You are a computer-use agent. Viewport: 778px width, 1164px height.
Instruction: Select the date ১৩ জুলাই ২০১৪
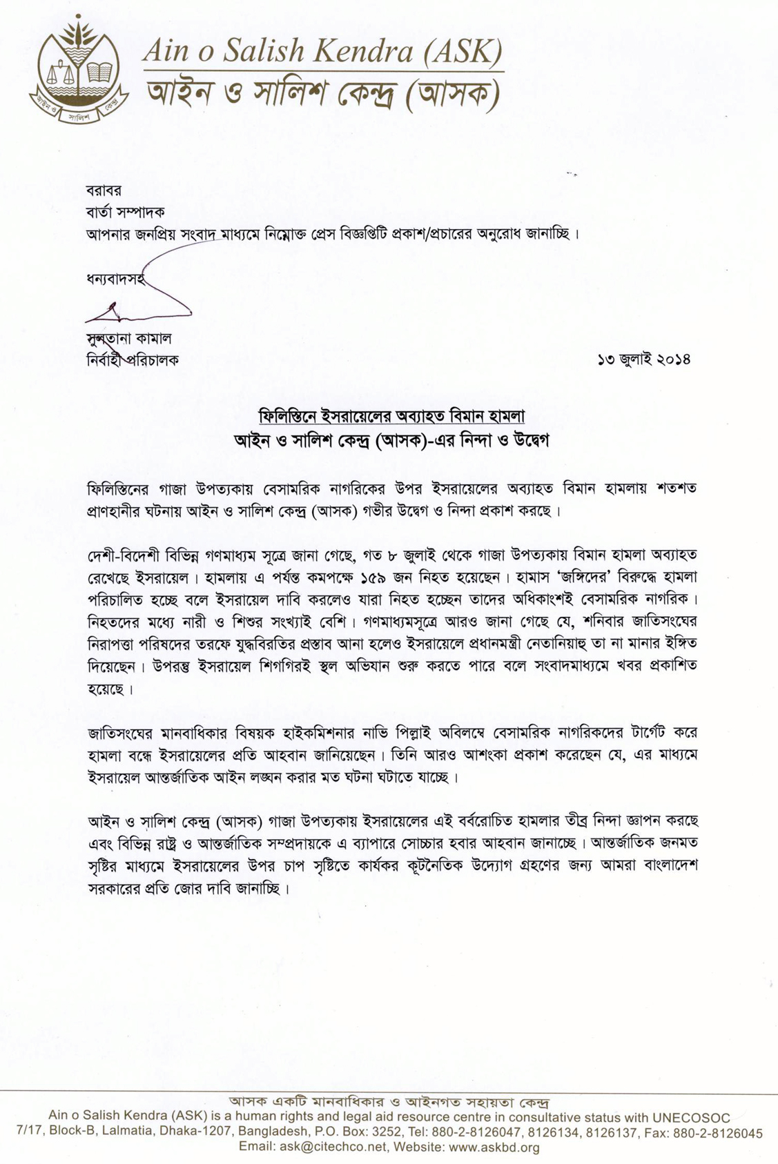(644, 359)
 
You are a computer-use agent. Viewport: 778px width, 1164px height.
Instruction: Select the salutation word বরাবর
(104, 190)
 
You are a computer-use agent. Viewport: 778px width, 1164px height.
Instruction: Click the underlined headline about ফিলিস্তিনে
(391, 416)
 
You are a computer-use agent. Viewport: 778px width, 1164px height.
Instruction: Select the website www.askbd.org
(494, 1147)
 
